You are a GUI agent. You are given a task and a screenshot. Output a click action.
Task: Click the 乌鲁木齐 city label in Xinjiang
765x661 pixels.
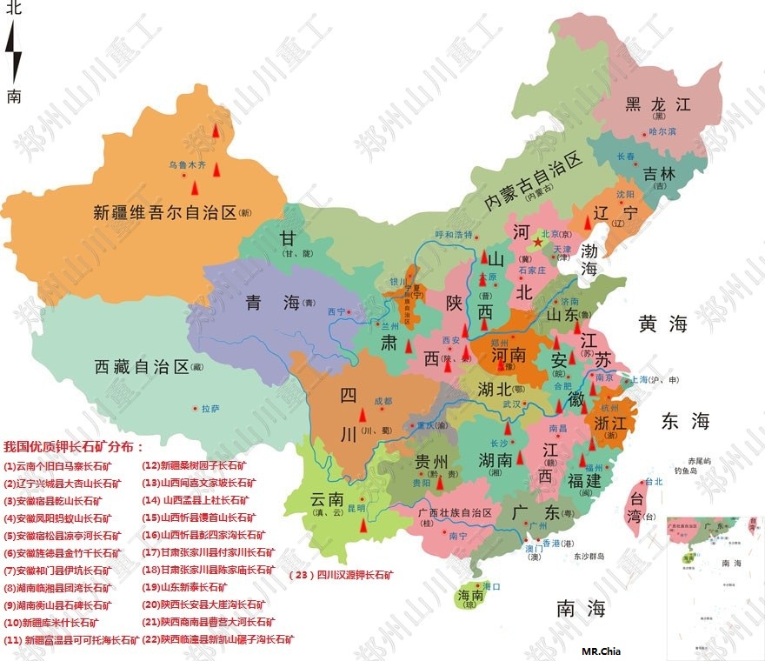[190, 164]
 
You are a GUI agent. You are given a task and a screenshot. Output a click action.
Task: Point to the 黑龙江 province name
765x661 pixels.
[658, 103]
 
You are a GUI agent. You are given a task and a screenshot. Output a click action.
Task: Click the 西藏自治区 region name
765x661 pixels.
[141, 366]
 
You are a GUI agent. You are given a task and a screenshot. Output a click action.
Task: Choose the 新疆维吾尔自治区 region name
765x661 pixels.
[165, 211]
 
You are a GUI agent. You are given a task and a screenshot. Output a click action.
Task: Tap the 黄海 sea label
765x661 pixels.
[663, 324]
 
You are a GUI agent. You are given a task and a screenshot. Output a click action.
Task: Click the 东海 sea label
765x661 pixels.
[686, 422]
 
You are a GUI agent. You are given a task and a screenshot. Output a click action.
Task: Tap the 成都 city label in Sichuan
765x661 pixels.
[382, 401]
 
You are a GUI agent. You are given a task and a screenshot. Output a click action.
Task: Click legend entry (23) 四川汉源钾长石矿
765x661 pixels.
[341, 574]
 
